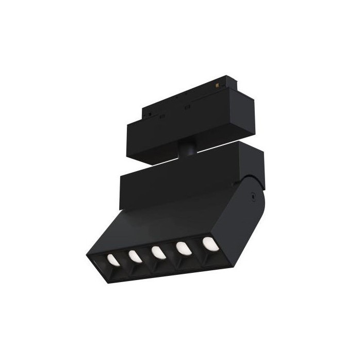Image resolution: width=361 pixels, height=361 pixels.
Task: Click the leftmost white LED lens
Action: [x=111, y=259]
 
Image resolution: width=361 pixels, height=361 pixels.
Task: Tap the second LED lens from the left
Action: [x=135, y=255]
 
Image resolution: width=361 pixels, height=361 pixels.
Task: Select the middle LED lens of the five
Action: [x=158, y=252]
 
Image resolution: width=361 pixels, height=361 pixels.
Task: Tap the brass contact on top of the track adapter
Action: [x=225, y=81]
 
